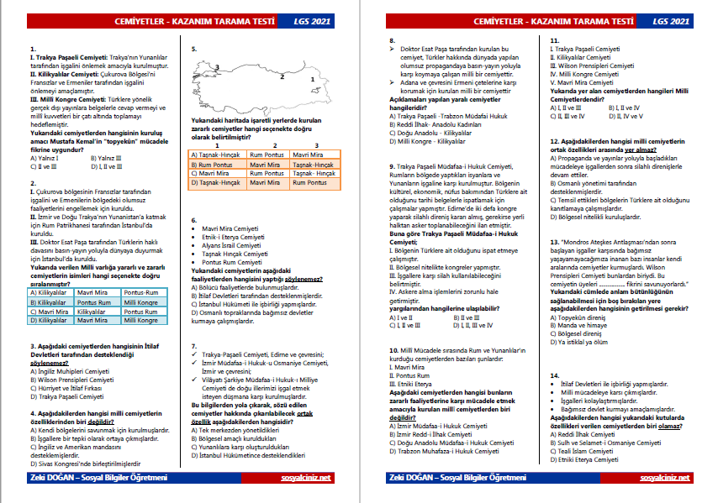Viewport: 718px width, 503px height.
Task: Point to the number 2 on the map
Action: point(282,76)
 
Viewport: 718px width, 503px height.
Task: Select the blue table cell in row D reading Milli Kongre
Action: point(140,320)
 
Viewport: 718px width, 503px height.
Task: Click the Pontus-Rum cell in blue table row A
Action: point(140,292)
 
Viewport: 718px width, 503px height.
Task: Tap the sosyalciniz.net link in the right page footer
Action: point(663,477)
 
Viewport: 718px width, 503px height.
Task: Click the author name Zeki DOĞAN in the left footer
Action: point(52,477)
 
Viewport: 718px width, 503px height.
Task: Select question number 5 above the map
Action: point(193,50)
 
